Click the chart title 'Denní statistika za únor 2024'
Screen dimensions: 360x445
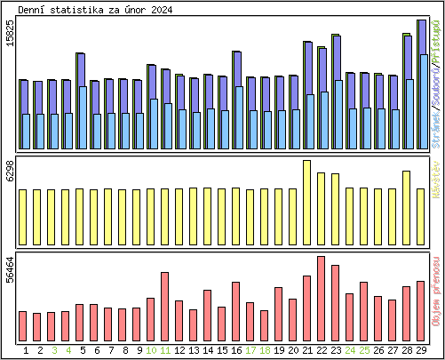click(x=96, y=10)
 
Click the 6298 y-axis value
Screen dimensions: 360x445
click(x=10, y=172)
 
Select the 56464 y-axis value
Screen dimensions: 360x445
click(x=10, y=269)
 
